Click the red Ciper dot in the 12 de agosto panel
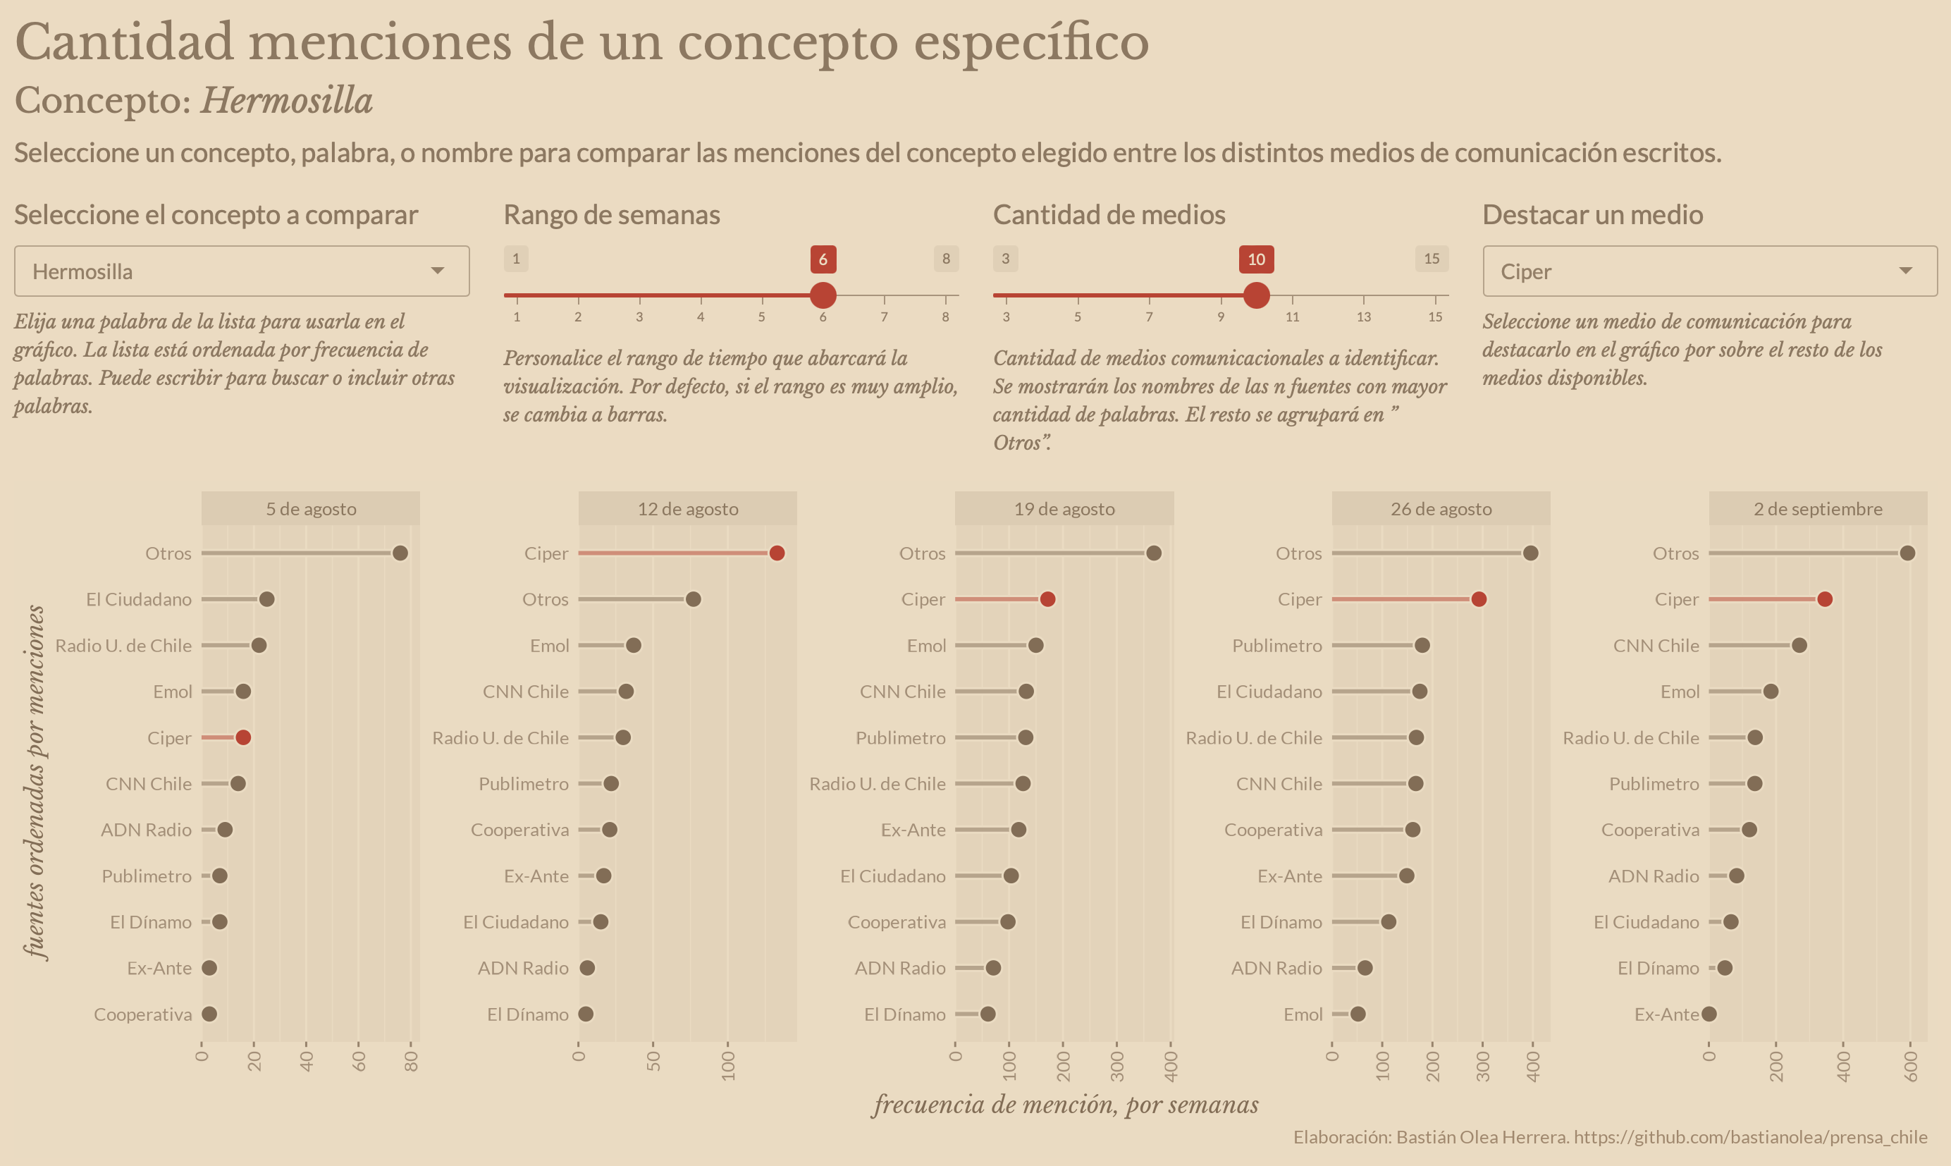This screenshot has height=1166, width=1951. pos(777,553)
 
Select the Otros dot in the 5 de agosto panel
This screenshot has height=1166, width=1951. pos(400,553)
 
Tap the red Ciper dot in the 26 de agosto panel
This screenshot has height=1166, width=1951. pos(1478,599)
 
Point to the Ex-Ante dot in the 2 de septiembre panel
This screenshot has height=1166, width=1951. pos(1709,1014)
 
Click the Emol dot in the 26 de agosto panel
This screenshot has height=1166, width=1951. pos(1358,1014)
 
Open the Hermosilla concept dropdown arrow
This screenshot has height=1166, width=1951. pos(438,271)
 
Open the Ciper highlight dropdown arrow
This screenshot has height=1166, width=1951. pos(1904,271)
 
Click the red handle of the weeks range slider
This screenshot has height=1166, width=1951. pos(823,295)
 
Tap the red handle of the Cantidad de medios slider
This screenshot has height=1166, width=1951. pos(1256,295)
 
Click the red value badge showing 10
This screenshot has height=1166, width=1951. pos(1256,259)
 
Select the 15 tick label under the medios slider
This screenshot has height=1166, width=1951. pos(1434,317)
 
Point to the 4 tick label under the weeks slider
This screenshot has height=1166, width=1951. pos(701,317)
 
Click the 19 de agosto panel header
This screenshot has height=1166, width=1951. pos(1064,509)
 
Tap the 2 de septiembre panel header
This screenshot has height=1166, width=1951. pos(1818,509)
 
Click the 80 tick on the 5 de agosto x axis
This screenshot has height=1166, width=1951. pos(411,1062)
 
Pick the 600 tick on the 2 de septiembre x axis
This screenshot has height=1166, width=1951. pos(1911,1065)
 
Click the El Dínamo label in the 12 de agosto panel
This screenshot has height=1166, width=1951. pos(527,1014)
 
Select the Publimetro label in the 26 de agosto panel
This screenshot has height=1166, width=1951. pos(1276,646)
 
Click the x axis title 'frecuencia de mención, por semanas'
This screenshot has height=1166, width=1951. pos(1065,1105)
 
